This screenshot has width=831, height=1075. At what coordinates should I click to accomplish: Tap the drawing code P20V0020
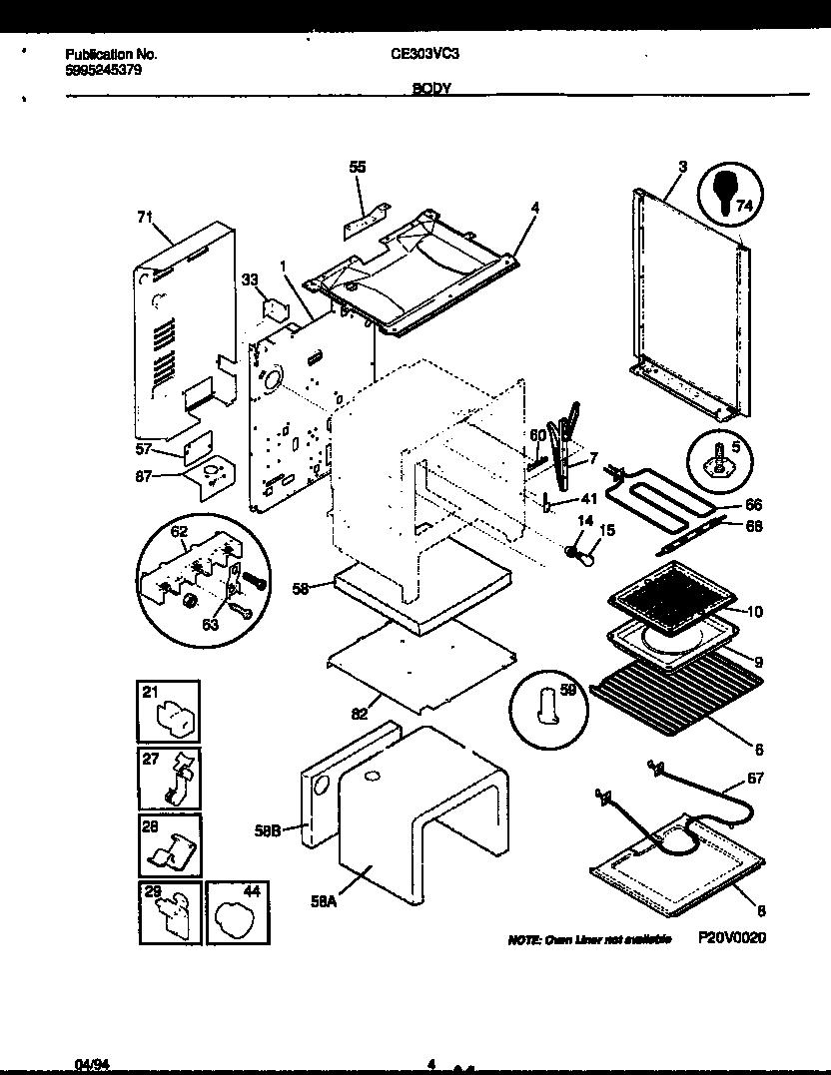click(x=731, y=939)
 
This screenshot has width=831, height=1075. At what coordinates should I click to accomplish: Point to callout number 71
click(x=145, y=215)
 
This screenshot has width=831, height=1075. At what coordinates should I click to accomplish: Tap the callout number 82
click(x=360, y=713)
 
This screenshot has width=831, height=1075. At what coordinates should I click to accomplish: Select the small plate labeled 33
click(x=270, y=307)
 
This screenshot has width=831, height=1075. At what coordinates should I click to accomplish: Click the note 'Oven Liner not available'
click(x=589, y=940)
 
